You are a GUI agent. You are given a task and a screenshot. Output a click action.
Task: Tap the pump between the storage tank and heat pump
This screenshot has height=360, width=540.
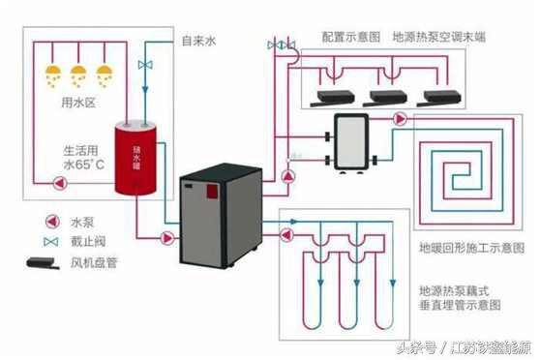167,236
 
